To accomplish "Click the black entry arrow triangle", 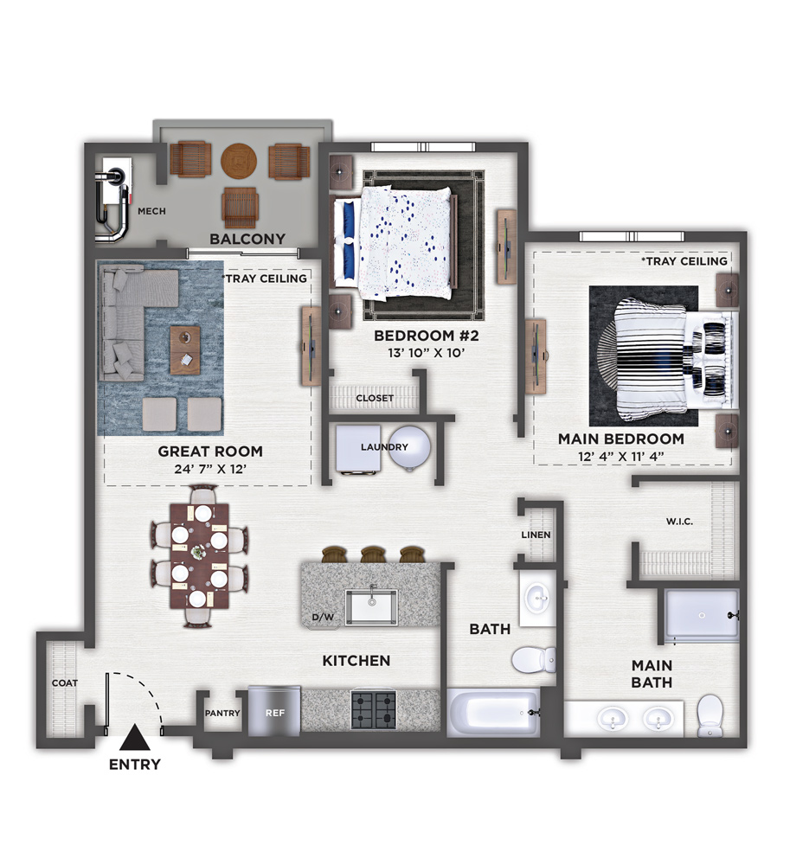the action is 135,738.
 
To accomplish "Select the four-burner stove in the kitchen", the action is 374,710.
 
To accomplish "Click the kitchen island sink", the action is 371,607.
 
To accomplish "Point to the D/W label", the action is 323,617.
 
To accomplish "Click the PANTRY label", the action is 222,713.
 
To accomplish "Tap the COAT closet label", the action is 65,683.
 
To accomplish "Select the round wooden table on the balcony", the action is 239,161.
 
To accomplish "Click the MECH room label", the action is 151,211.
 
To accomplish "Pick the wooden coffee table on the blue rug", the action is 185,349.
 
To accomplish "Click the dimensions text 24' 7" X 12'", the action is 210,469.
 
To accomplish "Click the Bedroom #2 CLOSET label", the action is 375,398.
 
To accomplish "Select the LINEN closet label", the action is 536,535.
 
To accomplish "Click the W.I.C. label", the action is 679,522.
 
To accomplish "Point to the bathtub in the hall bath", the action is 493,712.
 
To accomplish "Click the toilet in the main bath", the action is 710,715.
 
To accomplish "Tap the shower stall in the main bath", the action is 701,616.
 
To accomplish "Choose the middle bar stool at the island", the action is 373,554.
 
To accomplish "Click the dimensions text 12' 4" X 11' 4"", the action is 620,456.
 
